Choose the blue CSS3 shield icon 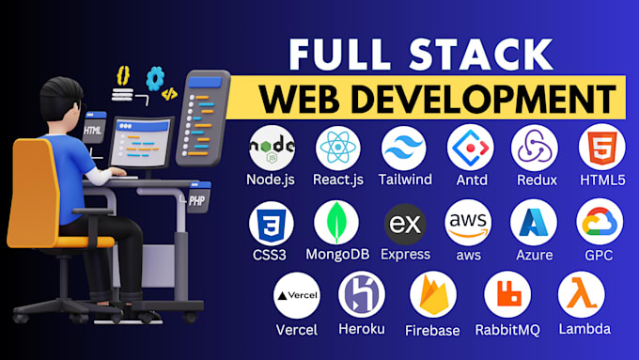(273, 223)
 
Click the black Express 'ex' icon (405, 223)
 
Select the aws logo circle (469, 223)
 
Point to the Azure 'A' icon (534, 223)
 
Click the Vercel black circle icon (296, 294)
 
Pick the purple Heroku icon (362, 294)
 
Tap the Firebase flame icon (432, 294)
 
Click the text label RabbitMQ (507, 330)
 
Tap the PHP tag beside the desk (195, 200)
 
